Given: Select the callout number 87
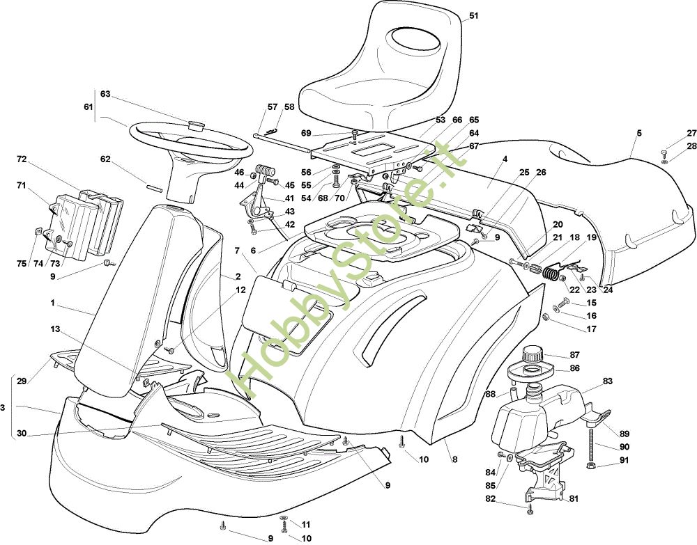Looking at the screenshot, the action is point(575,355).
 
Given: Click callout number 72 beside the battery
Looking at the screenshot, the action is point(22,159).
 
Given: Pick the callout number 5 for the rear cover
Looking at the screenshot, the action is point(639,133).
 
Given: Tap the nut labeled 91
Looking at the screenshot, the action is point(592,465).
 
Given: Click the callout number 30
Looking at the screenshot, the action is point(22,434).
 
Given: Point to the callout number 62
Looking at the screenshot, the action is point(105,159).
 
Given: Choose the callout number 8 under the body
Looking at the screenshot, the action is point(454,460).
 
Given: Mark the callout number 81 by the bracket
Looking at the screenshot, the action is point(574,499).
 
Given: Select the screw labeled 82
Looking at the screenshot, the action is point(530,509).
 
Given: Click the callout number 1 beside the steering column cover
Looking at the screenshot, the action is point(52,303).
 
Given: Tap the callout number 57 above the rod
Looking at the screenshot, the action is point(273,107).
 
